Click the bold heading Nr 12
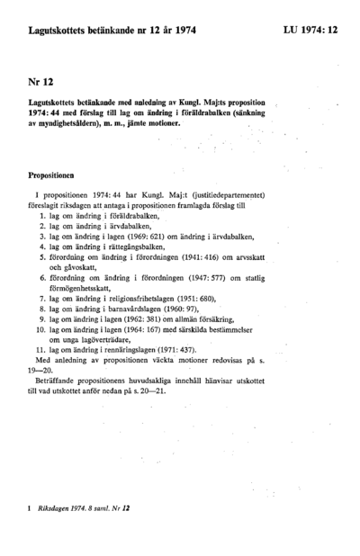point(40,82)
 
